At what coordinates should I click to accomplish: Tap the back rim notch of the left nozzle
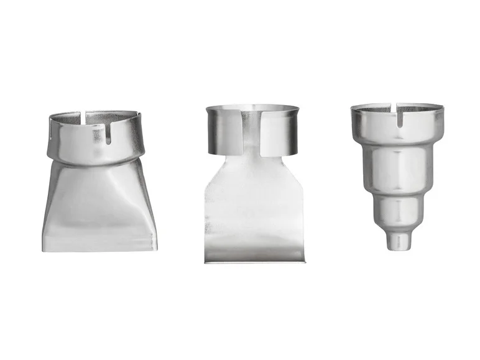click(x=83, y=114)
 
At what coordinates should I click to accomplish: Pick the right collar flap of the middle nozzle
click(x=280, y=131)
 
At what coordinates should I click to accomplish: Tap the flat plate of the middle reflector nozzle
click(x=252, y=205)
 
